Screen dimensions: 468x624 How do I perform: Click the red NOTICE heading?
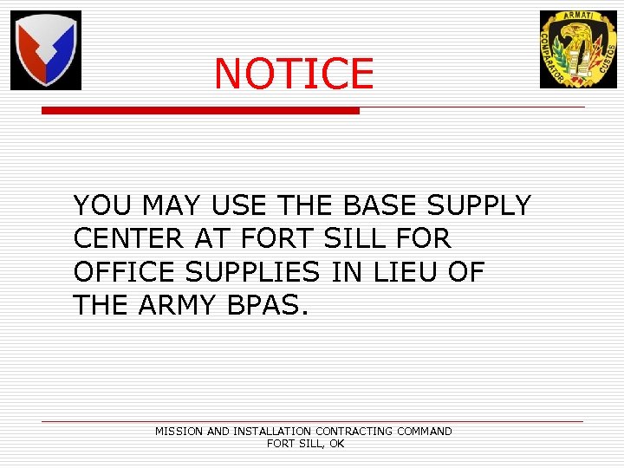294,75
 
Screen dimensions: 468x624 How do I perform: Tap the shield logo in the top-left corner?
46,50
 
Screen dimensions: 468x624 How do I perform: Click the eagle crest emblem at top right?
578,49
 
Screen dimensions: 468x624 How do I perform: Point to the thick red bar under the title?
200,111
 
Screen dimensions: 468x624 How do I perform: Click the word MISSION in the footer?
179,431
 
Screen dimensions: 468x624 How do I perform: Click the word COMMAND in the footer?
424,431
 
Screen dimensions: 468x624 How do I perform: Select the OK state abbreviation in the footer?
336,443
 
